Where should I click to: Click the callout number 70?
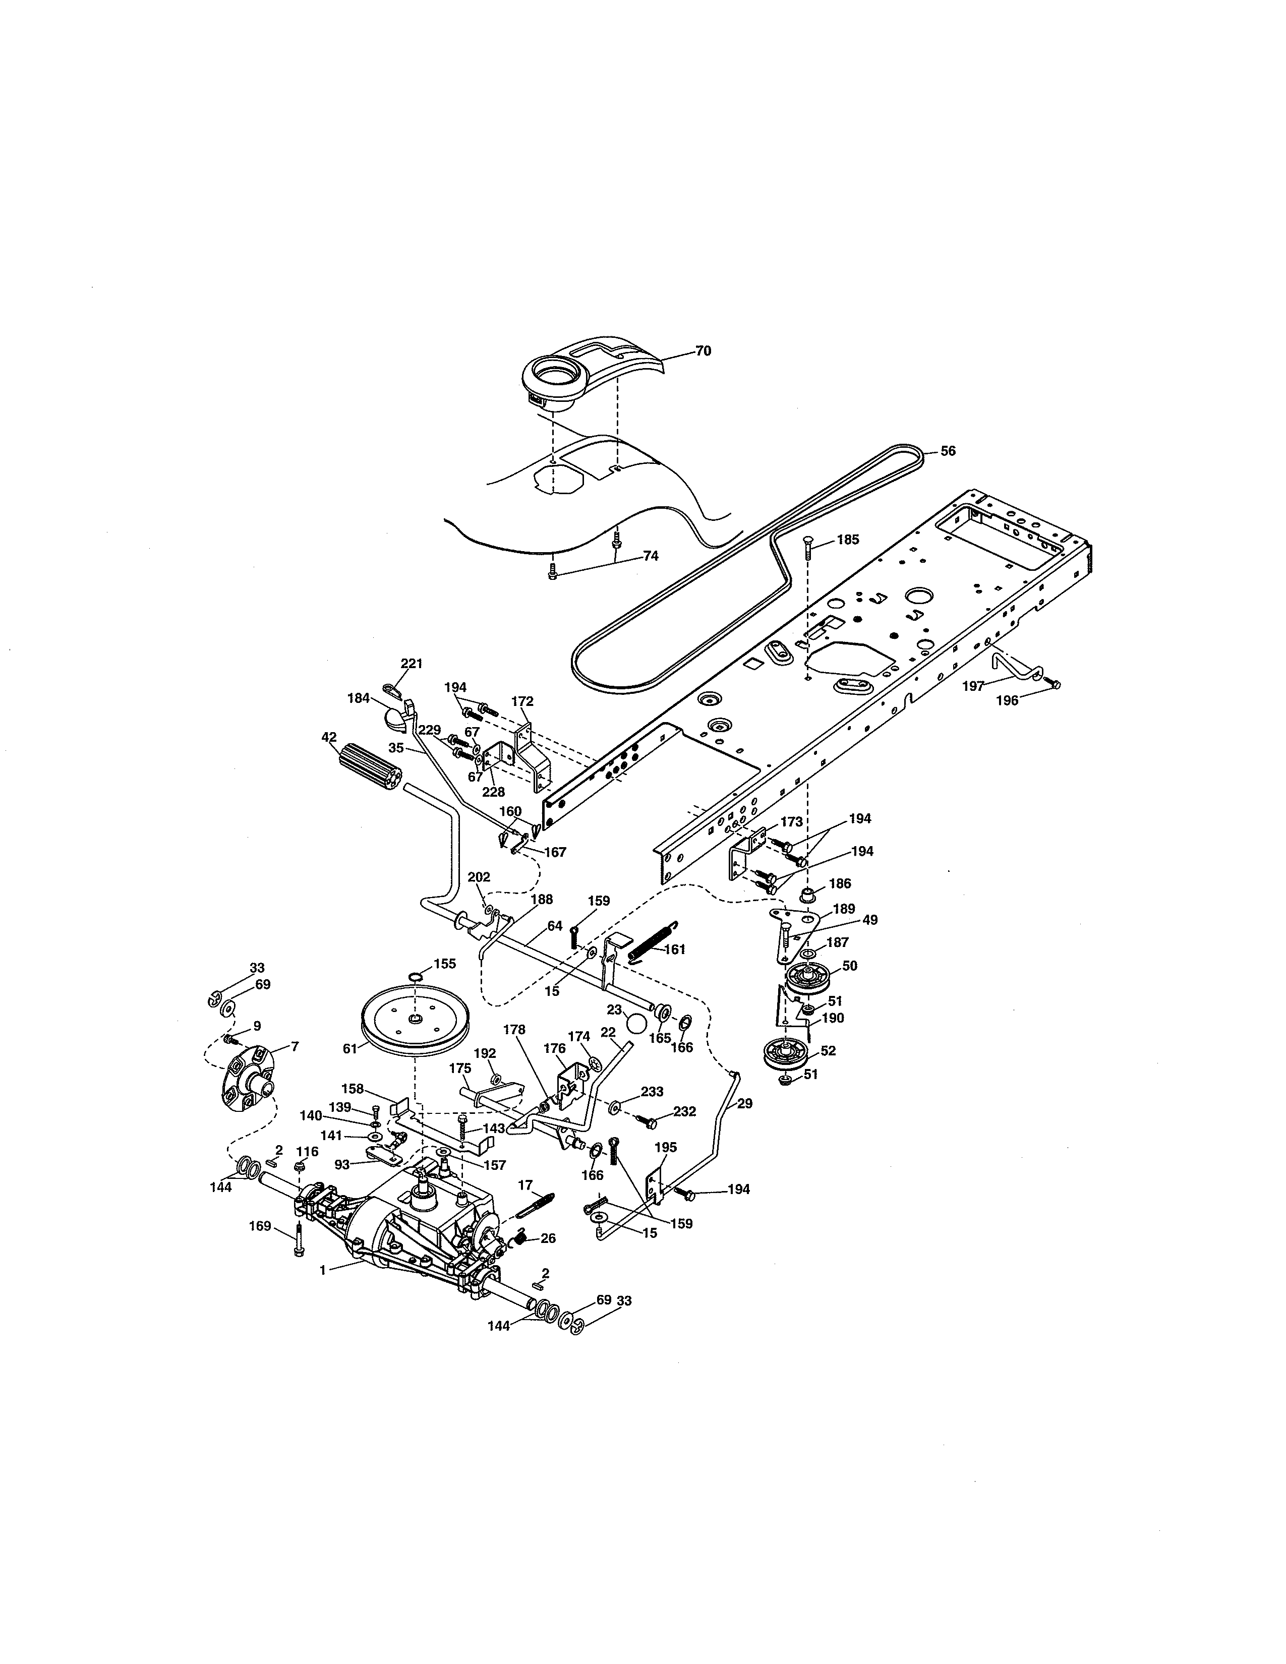[x=703, y=351]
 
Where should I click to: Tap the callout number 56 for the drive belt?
[x=947, y=451]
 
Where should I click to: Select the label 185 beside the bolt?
[x=847, y=540]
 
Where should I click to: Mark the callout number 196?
[x=1007, y=701]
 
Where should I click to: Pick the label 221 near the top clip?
[x=412, y=664]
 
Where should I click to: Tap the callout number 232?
[x=684, y=1112]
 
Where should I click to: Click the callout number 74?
[x=650, y=556]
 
